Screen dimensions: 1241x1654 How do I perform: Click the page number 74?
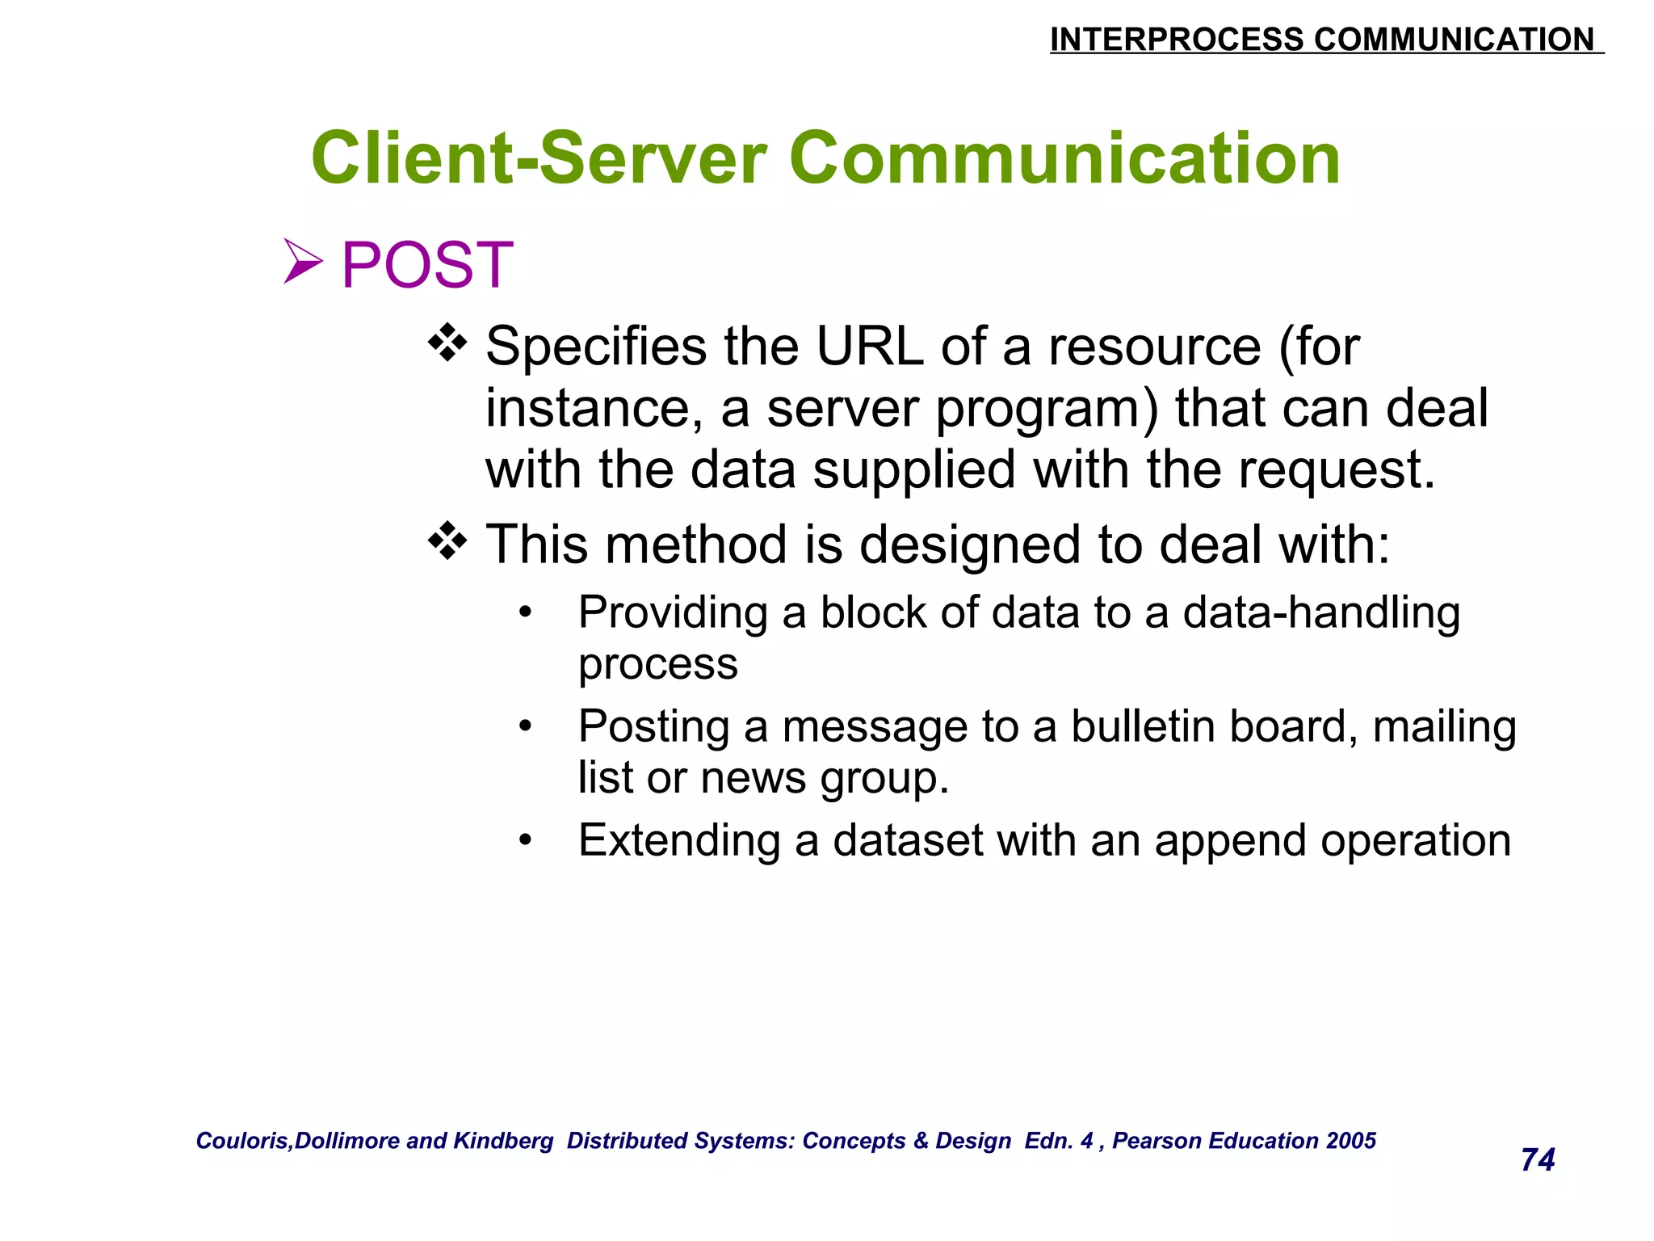click(x=1537, y=1159)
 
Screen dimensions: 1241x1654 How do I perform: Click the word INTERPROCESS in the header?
click(x=1176, y=40)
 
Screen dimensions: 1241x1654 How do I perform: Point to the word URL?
click(x=869, y=347)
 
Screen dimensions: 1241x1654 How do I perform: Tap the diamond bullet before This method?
click(x=447, y=541)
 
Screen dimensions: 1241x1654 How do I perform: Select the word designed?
click(x=970, y=545)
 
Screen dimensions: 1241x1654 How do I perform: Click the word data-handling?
click(x=1321, y=612)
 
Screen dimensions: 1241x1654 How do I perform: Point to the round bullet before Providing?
click(x=526, y=613)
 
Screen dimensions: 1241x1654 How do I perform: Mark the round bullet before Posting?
click(x=526, y=727)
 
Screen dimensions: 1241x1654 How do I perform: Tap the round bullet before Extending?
click(x=526, y=841)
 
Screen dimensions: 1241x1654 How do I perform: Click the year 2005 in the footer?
click(x=1351, y=1140)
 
